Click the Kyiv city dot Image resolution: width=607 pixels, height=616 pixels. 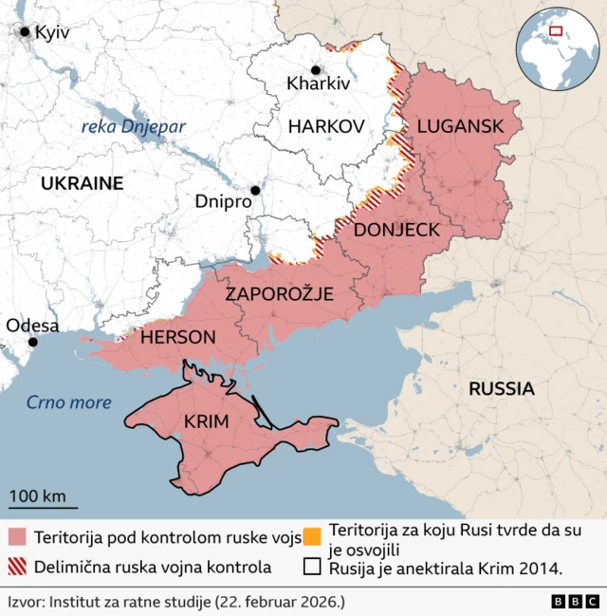[x=25, y=31]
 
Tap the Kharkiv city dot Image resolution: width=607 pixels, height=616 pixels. [x=315, y=70]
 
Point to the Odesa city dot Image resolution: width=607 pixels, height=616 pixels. [x=33, y=342]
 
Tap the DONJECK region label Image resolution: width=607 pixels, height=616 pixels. [x=395, y=230]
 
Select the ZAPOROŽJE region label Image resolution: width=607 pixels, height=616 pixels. [x=279, y=294]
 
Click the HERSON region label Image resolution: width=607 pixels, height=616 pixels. [x=177, y=337]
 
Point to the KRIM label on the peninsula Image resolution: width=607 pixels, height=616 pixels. [x=206, y=421]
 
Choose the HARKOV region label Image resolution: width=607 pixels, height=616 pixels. [x=326, y=125]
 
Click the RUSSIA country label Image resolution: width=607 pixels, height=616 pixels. [x=501, y=388]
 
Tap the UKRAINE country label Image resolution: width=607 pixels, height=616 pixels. [x=82, y=183]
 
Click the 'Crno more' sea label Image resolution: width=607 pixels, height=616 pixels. [x=68, y=402]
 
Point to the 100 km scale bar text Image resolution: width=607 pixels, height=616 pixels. [x=38, y=495]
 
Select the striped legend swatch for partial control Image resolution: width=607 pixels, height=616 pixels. [x=17, y=568]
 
